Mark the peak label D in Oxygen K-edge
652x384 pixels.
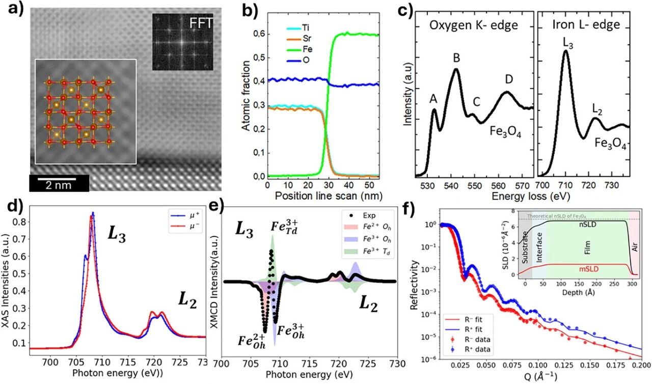click(509, 79)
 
